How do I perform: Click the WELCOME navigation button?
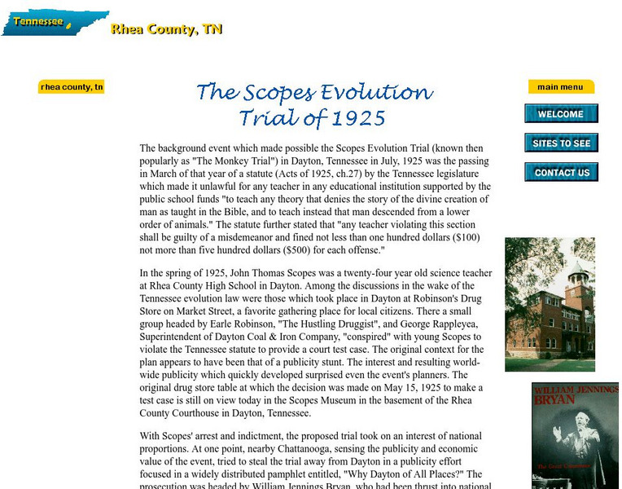[561, 114]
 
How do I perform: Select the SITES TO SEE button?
[561, 143]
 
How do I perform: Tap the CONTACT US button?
[561, 173]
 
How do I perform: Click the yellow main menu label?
[560, 87]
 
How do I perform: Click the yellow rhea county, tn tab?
[72, 87]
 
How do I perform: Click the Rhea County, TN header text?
[166, 30]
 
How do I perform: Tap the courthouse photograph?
[550, 304]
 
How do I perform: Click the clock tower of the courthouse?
[577, 281]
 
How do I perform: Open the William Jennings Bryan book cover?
[575, 436]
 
